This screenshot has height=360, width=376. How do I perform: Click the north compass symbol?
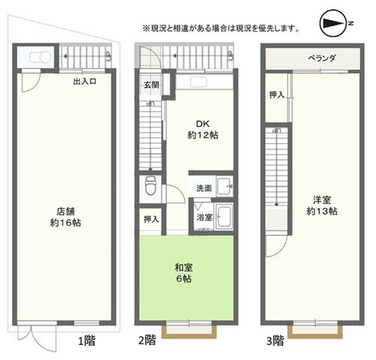[333, 23]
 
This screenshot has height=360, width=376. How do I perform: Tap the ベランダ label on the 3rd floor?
[322, 58]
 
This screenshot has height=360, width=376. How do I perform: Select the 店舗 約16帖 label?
[65, 217]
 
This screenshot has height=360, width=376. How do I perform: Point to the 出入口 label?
[85, 81]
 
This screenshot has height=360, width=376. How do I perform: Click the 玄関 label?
[151, 85]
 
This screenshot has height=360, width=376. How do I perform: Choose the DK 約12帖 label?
[203, 129]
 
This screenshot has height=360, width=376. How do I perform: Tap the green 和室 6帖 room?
[186, 278]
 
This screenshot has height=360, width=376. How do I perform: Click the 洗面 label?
[204, 188]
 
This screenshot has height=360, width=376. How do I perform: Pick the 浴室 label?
[205, 217]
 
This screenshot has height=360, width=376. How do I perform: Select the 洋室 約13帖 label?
[322, 206]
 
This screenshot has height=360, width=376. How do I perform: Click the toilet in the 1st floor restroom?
[40, 57]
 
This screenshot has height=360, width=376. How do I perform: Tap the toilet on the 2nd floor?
[150, 186]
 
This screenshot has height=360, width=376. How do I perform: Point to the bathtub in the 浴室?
[224, 216]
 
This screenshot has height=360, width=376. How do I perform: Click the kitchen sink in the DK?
[199, 82]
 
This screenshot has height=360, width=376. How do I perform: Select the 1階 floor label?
[86, 341]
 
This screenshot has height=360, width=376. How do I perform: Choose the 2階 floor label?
[147, 340]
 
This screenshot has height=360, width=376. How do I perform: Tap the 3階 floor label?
[275, 341]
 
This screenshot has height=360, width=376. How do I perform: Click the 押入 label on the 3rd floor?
[277, 95]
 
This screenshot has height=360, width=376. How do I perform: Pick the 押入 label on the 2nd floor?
[151, 219]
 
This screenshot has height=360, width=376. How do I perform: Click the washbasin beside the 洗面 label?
[225, 186]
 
